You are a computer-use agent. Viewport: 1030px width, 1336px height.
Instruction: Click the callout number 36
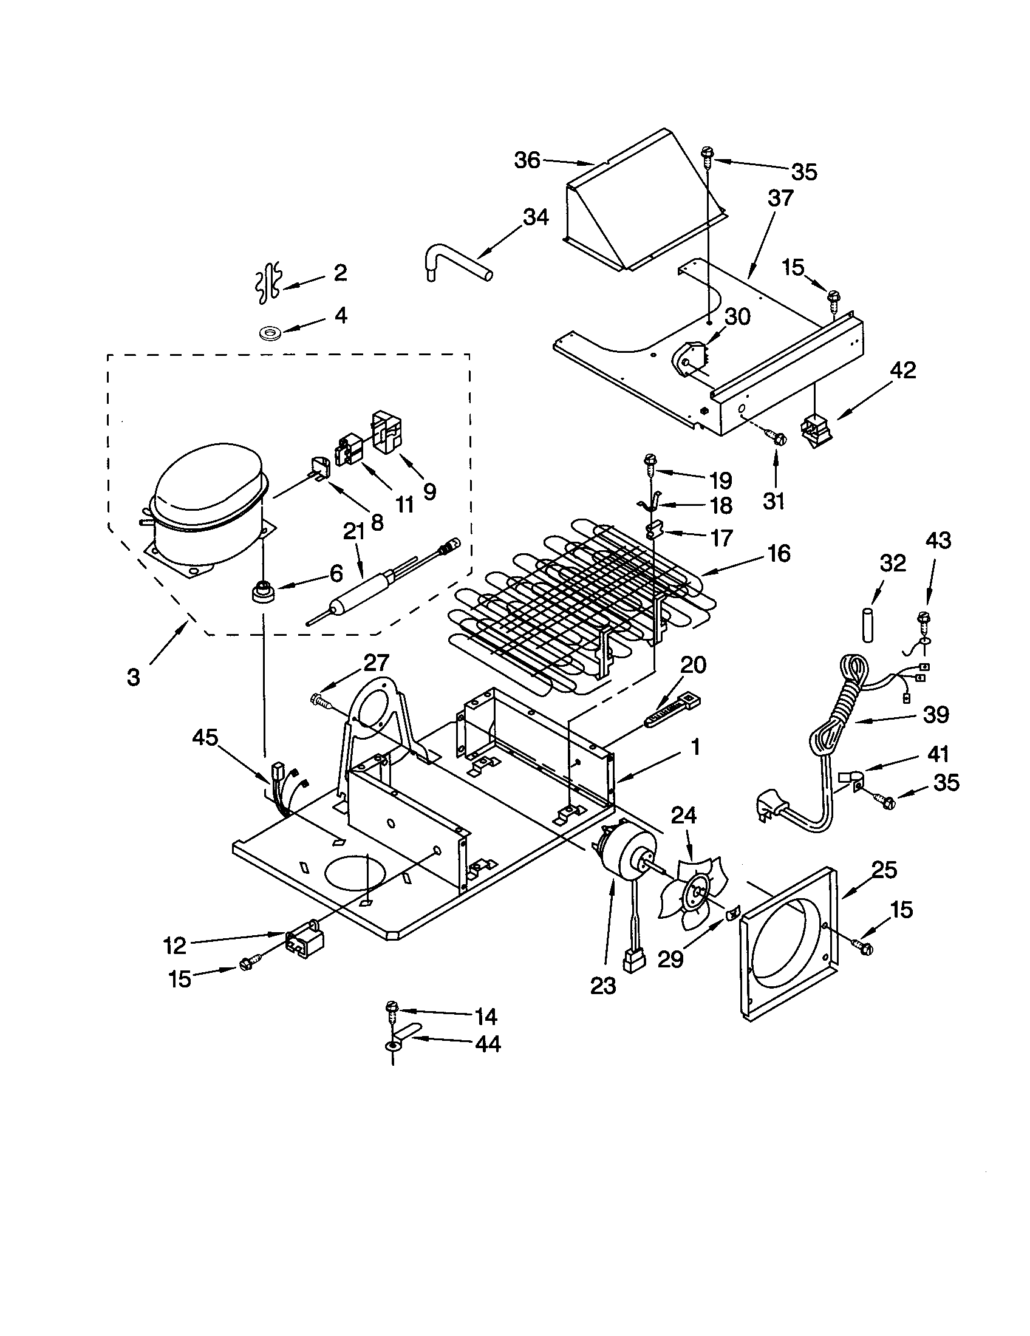[x=527, y=160]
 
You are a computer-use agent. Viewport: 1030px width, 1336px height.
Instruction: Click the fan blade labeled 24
[x=692, y=894]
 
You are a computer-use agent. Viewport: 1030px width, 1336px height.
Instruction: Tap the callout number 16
[x=779, y=554]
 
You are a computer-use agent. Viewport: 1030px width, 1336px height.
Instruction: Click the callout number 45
[x=205, y=737]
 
